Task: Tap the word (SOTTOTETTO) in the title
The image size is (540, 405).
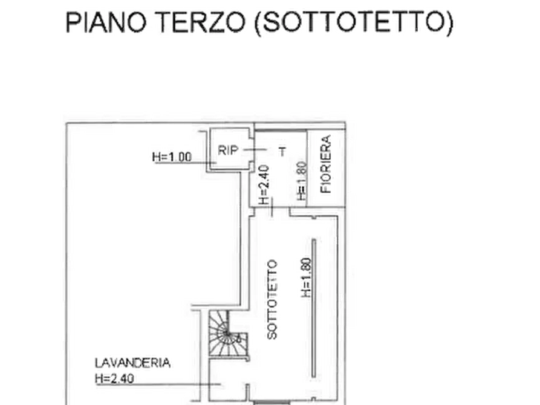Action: click(x=354, y=23)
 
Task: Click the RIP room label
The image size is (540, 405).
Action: click(x=228, y=151)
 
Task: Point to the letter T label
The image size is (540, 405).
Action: click(x=282, y=152)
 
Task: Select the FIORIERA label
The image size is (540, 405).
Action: click(x=325, y=164)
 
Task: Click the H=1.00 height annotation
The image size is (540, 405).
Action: click(x=172, y=157)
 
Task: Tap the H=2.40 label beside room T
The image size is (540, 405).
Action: click(x=264, y=185)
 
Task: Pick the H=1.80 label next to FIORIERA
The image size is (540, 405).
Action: click(x=302, y=181)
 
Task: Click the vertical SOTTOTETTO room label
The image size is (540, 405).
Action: click(x=272, y=300)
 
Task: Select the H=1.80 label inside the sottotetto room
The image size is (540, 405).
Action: click(x=306, y=277)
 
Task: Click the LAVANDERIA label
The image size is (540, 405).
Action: click(x=132, y=363)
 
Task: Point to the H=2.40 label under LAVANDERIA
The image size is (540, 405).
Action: click(x=114, y=379)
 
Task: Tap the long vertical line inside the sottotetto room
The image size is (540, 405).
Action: click(x=314, y=308)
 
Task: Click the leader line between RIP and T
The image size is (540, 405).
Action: click(x=255, y=150)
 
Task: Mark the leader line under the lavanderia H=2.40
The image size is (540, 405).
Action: click(x=158, y=384)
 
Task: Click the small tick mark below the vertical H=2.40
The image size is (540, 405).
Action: click(x=272, y=207)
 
